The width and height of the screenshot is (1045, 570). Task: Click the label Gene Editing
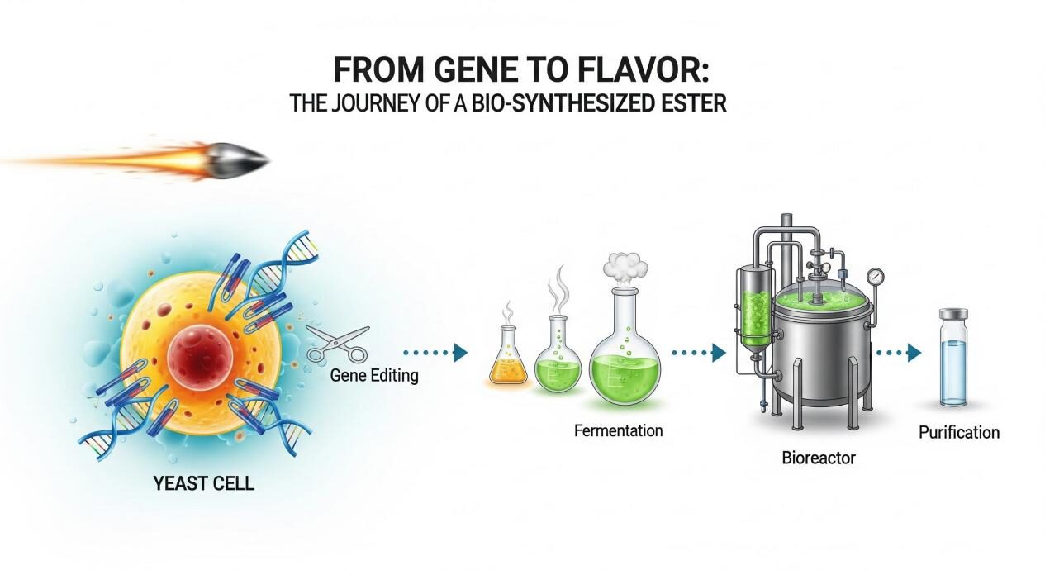(x=373, y=376)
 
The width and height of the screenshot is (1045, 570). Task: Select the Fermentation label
(x=619, y=430)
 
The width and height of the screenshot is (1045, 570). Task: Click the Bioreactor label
(x=819, y=457)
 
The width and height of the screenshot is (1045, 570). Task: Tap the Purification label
(x=959, y=432)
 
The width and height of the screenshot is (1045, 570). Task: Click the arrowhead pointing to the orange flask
(x=461, y=353)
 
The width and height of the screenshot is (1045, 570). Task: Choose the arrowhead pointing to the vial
(x=914, y=354)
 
